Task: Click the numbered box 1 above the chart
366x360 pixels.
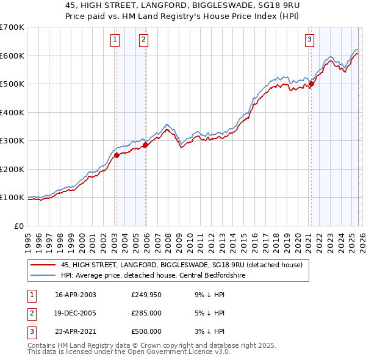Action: tap(115, 40)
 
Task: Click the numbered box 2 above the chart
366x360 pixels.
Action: tap(143, 40)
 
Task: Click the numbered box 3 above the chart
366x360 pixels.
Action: tap(309, 40)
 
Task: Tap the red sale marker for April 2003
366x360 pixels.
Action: tap(117, 155)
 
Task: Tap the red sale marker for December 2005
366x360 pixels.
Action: tap(145, 145)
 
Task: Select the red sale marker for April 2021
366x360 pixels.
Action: tap(310, 84)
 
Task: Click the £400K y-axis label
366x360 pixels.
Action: tap(12, 112)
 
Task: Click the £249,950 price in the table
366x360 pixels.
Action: tap(146, 295)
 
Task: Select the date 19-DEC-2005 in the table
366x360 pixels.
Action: tap(76, 313)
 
